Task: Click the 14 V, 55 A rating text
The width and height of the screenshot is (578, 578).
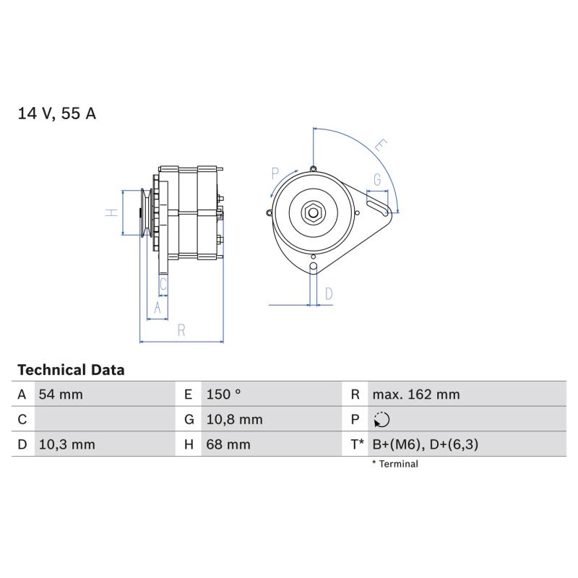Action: click(57, 113)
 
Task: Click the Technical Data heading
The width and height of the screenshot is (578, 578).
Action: click(71, 370)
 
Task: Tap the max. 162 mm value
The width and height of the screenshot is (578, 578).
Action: click(416, 394)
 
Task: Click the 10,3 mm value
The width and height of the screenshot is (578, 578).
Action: click(66, 444)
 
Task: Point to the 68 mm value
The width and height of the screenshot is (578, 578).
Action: click(228, 444)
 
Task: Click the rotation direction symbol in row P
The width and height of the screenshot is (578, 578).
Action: click(381, 420)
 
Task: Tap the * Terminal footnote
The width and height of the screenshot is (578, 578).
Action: click(394, 464)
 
